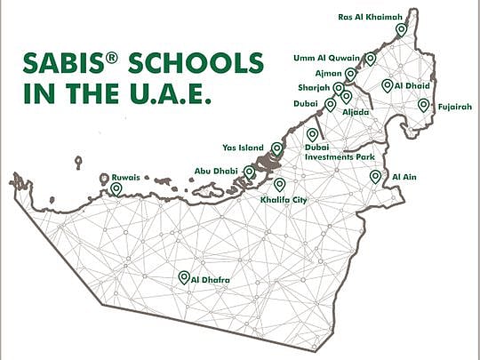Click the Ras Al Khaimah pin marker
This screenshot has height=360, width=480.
[401, 29]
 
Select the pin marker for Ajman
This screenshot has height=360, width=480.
[352, 74]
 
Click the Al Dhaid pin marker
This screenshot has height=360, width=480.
[388, 85]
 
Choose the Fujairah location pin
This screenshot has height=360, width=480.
[424, 105]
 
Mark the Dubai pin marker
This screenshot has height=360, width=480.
[331, 104]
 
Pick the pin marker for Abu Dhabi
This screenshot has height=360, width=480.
[250, 172]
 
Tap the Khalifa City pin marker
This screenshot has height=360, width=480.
[280, 184]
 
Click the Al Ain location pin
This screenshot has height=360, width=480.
[375, 177]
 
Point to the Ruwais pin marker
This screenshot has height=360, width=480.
[116, 188]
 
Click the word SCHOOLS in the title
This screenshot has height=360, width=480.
[193, 64]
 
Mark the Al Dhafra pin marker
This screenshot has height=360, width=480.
[184, 277]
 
